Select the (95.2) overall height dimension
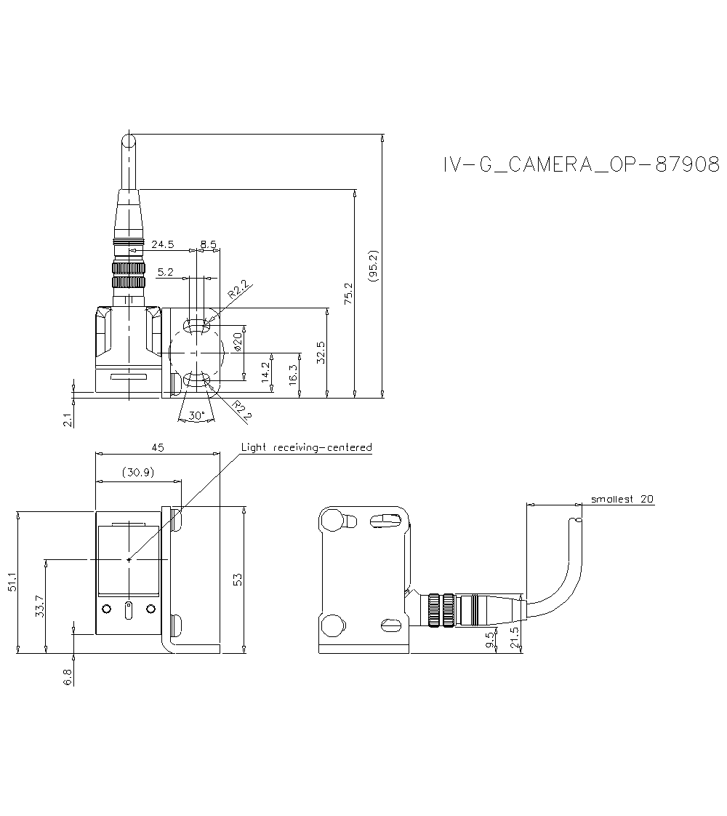click(x=374, y=266)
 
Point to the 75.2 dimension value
click(x=348, y=293)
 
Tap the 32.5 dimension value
click(x=321, y=353)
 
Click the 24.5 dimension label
click(x=162, y=244)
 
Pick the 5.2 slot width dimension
click(x=165, y=272)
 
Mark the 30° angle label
click(x=196, y=416)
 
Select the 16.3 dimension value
click(x=293, y=376)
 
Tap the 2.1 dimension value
click(x=68, y=420)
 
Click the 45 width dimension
click(x=158, y=448)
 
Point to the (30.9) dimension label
click(x=138, y=472)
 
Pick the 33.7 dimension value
click(x=40, y=606)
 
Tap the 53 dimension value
click(x=237, y=579)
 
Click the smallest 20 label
click(x=622, y=499)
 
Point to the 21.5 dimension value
click(x=514, y=637)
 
